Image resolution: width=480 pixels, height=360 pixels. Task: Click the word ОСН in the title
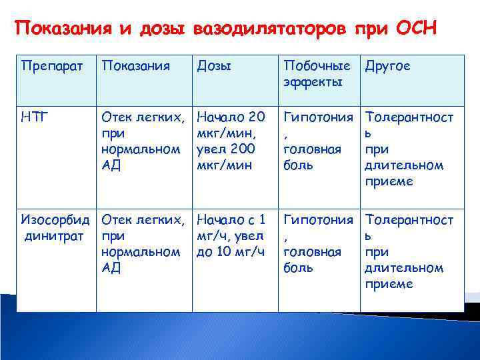tap(416, 29)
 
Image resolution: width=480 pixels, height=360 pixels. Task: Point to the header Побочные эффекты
tap(317, 73)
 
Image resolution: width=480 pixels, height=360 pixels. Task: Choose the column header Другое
tap(389, 66)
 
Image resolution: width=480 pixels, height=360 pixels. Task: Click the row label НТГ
tap(34, 117)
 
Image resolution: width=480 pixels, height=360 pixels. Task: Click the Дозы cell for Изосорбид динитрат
tap(231, 235)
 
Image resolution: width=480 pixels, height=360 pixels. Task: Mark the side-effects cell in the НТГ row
tap(317, 141)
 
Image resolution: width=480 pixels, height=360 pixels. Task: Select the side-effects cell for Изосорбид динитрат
tap(317, 243)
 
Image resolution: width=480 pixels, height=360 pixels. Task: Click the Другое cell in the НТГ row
tap(409, 149)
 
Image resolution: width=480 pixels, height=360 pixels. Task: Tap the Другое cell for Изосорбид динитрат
tap(409, 251)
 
